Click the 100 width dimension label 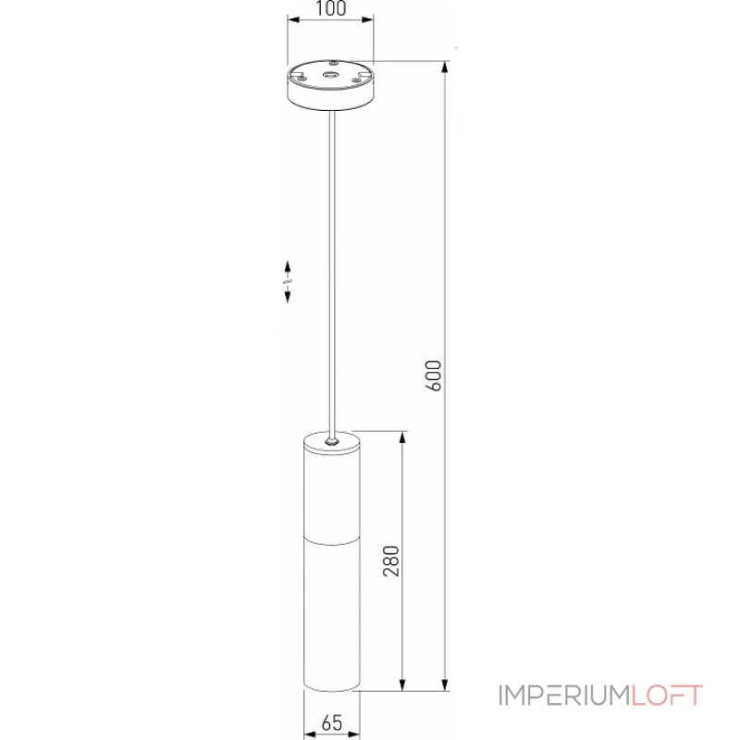point(330,10)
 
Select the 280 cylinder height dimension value point(391,561)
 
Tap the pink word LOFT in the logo point(665,695)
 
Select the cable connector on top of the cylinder point(331,439)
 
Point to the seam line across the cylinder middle point(331,536)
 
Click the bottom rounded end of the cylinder point(331,687)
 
